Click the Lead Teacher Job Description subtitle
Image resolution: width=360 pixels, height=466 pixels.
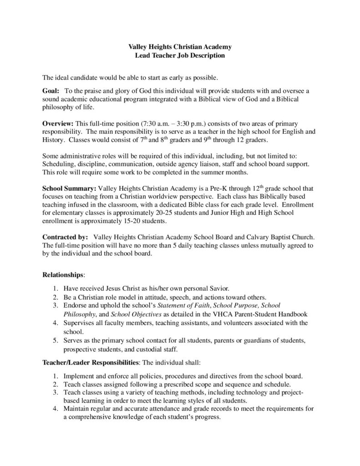tap(180, 56)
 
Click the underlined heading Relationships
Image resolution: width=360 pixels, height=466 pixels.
tap(63, 275)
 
